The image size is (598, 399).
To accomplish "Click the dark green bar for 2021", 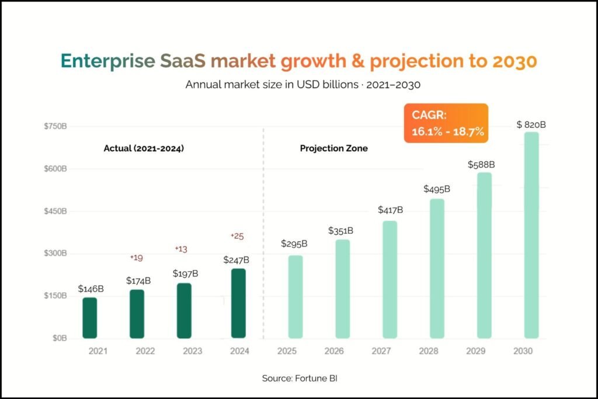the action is [x=89, y=318].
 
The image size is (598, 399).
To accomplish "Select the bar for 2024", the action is [x=238, y=303].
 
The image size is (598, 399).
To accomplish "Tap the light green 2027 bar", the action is [x=390, y=280].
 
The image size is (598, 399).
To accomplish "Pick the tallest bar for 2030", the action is [x=531, y=235].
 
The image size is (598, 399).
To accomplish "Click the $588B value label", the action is [x=481, y=165].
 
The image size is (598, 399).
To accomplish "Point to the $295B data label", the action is [x=294, y=244].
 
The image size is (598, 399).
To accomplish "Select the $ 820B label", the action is [x=531, y=125].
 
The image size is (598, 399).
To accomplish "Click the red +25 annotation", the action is [x=237, y=236].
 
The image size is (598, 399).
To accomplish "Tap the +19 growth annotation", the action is [x=136, y=258].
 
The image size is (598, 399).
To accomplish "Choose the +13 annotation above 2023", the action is [x=181, y=249].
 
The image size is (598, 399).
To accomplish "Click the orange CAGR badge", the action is [x=446, y=123].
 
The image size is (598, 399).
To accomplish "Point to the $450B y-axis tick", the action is [x=55, y=211].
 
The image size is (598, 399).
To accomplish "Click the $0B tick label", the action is [x=60, y=338].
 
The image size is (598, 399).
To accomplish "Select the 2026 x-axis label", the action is [x=333, y=351].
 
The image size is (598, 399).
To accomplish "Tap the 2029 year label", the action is [x=475, y=351].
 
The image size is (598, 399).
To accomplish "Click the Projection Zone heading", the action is [x=333, y=148].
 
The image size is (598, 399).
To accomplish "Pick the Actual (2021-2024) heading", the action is [x=144, y=148].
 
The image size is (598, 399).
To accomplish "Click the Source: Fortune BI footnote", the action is [x=300, y=379].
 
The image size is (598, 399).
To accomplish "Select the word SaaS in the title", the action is [x=182, y=61].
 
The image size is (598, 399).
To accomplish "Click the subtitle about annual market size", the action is [x=303, y=84].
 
